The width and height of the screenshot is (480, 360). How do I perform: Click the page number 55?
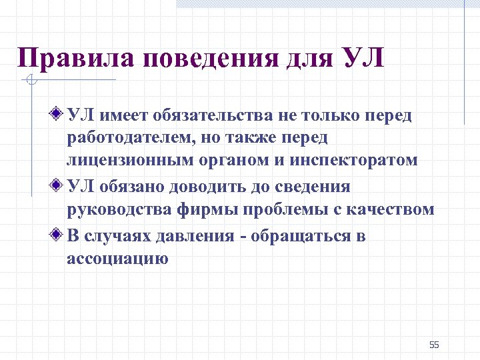tap(435, 345)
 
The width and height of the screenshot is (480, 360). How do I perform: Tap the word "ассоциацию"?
tap(117, 259)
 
